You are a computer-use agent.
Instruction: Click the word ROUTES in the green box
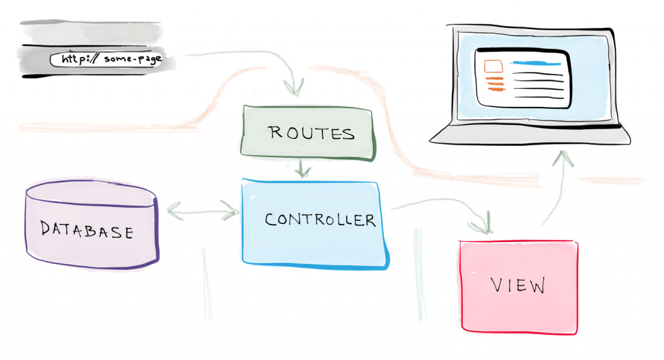312,134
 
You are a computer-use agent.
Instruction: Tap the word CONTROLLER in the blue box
320,220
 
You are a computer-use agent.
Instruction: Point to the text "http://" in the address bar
77,60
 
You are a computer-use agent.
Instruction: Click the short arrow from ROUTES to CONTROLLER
302,170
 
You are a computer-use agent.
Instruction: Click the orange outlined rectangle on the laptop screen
493,66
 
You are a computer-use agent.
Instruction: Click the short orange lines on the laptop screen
494,83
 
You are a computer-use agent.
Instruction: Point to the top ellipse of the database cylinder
91,193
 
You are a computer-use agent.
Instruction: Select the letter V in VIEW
497,285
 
